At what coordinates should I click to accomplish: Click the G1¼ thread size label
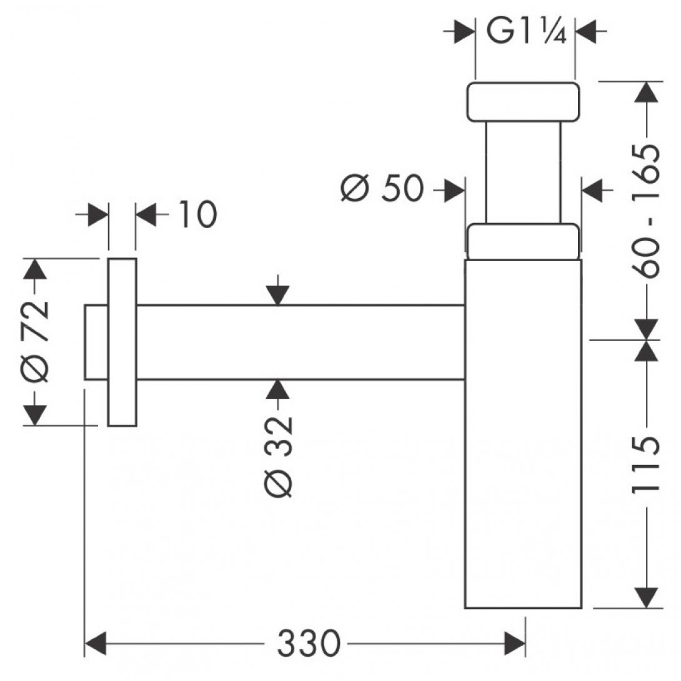coord(526,31)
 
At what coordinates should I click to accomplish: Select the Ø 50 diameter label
coord(382,189)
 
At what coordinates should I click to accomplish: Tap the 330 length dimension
coord(309,644)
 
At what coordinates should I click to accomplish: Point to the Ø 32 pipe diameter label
coord(279,457)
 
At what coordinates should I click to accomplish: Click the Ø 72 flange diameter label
coord(36,341)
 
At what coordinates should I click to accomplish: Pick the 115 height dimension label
coord(646,465)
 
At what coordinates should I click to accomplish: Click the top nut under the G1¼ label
coord(523,101)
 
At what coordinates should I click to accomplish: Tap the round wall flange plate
coord(122,342)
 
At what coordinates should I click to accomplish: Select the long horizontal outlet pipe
coord(301,342)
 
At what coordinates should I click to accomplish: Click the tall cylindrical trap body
coord(524,434)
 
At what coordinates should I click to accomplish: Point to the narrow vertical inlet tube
coord(524,173)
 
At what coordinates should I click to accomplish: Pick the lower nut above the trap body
coord(523,242)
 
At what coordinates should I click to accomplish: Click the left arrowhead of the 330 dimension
coord(95,644)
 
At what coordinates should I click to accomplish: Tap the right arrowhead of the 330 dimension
coord(515,644)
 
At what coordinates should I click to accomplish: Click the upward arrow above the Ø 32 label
coord(279,390)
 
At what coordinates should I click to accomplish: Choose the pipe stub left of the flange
coord(96,342)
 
